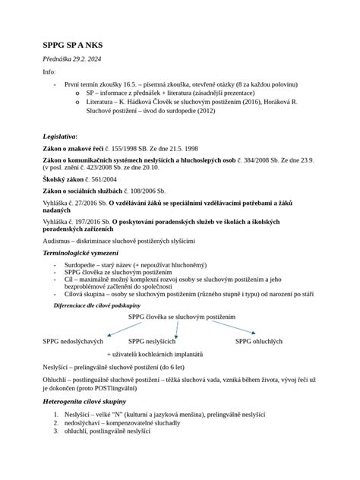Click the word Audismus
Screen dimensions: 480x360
[x=60, y=239]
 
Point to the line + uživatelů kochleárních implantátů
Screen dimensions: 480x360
[x=156, y=355]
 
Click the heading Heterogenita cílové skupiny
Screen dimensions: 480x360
[x=85, y=401]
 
